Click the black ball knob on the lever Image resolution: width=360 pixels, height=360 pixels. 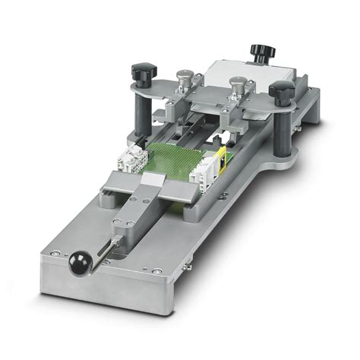(77, 264)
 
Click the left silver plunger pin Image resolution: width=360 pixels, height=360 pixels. (183, 81)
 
